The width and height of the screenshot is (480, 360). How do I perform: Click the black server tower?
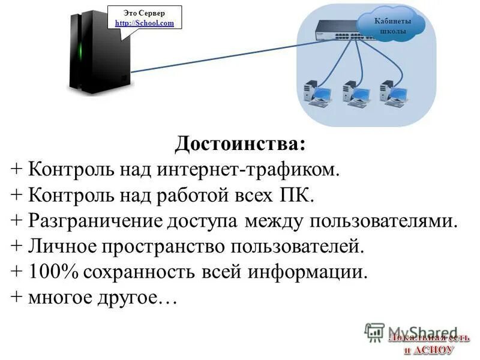pyautogui.click(x=100, y=51)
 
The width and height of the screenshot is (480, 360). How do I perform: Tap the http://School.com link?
pyautogui.click(x=144, y=23)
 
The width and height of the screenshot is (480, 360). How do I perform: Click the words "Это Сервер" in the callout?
pyautogui.click(x=144, y=13)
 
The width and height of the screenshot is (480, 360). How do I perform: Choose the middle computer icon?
pyautogui.click(x=353, y=94)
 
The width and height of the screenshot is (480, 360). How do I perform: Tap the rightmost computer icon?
pyautogui.click(x=391, y=94)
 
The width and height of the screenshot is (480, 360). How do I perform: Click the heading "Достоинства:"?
pyautogui.click(x=240, y=145)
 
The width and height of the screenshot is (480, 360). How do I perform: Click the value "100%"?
pyautogui.click(x=53, y=272)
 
